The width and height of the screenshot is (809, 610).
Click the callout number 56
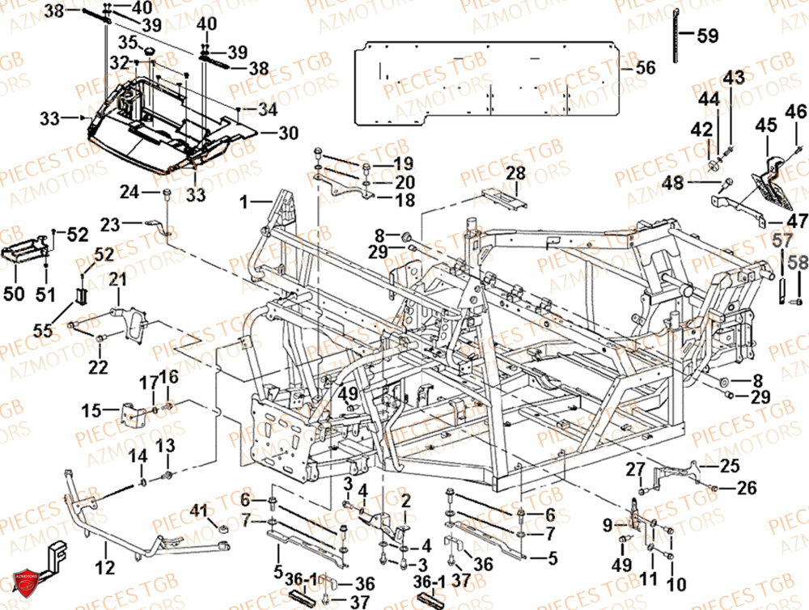[645, 69]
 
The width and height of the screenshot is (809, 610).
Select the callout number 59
[707, 36]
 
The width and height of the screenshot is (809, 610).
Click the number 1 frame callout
[246, 198]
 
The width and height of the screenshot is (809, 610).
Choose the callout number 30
[289, 133]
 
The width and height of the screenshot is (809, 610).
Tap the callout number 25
[731, 465]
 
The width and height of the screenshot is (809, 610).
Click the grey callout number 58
[798, 262]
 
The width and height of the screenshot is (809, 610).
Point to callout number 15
[90, 409]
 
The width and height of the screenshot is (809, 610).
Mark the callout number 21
[119, 280]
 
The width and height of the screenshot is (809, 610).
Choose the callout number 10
[676, 583]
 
